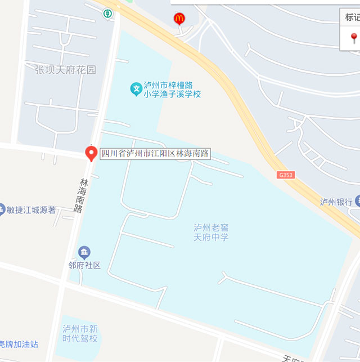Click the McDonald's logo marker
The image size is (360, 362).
(x=179, y=19)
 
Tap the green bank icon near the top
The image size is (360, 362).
(x=107, y=13)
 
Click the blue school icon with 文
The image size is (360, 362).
(x=136, y=88)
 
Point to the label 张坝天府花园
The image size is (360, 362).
(x=66, y=70)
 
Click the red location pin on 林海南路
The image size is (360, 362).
(x=91, y=153)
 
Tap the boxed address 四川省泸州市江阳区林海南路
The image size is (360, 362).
(x=155, y=153)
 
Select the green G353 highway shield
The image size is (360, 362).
(x=286, y=175)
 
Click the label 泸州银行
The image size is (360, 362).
(x=336, y=202)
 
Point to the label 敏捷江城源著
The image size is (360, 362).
(x=31, y=210)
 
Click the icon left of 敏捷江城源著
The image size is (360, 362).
(x=2, y=209)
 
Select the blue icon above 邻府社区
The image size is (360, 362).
(x=84, y=251)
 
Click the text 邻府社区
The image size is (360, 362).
(x=84, y=265)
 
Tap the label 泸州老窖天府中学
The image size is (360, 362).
(x=211, y=233)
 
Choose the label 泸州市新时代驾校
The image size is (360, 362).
(x=80, y=333)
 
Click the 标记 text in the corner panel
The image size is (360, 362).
(x=352, y=17)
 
